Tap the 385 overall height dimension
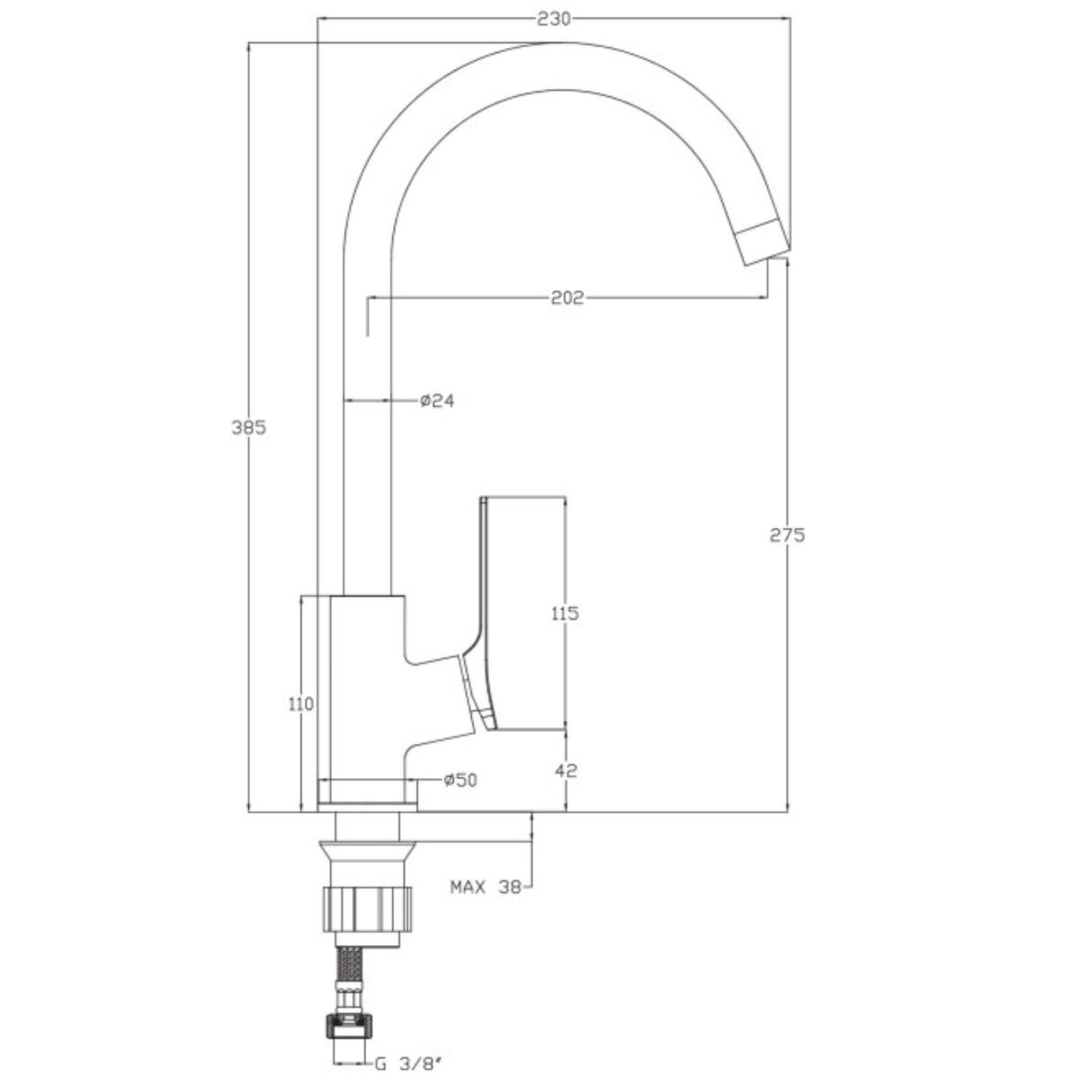(249, 428)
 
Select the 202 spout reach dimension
(567, 298)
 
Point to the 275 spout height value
(788, 536)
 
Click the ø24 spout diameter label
(437, 400)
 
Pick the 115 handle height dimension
(565, 614)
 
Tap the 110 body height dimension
(301, 704)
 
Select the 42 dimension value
(566, 771)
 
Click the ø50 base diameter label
(460, 780)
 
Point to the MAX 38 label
(486, 903)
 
